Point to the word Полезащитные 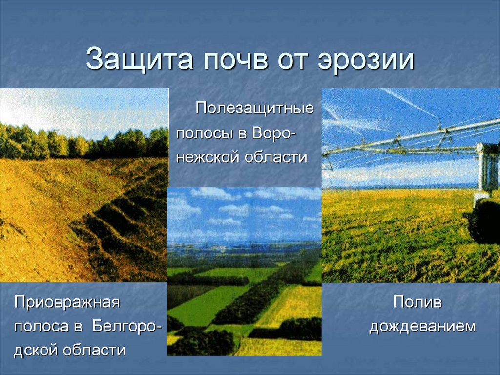[x=254, y=108]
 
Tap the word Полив [x=417, y=302]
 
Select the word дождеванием [x=422, y=327]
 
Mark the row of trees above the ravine [x=83, y=142]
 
